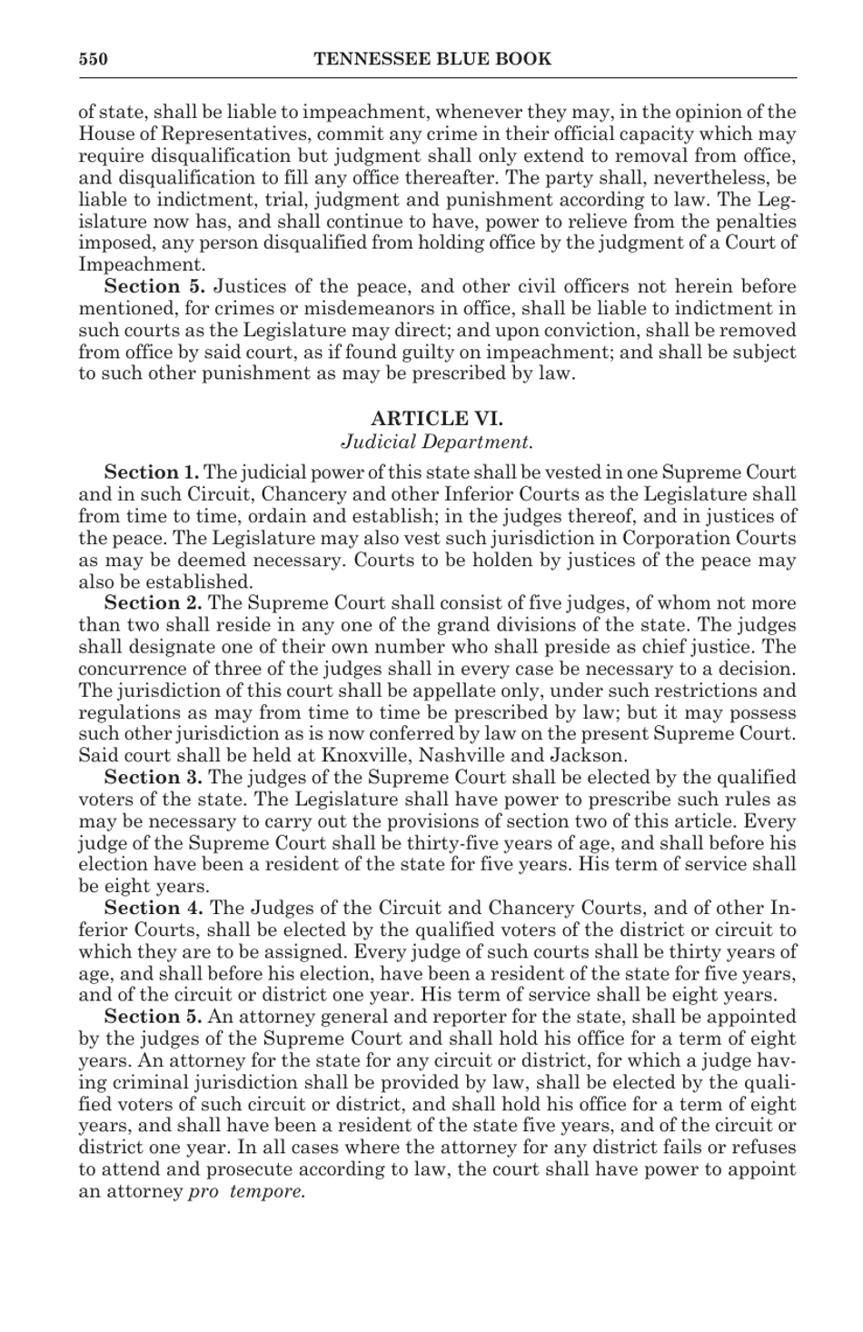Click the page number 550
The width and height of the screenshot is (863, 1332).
pos(93,60)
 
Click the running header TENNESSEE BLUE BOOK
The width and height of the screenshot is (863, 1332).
pos(431,60)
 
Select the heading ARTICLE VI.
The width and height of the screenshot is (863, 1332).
pos(436,419)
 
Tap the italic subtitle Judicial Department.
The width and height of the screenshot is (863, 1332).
pos(436,442)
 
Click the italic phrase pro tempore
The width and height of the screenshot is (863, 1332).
pos(246,1192)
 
